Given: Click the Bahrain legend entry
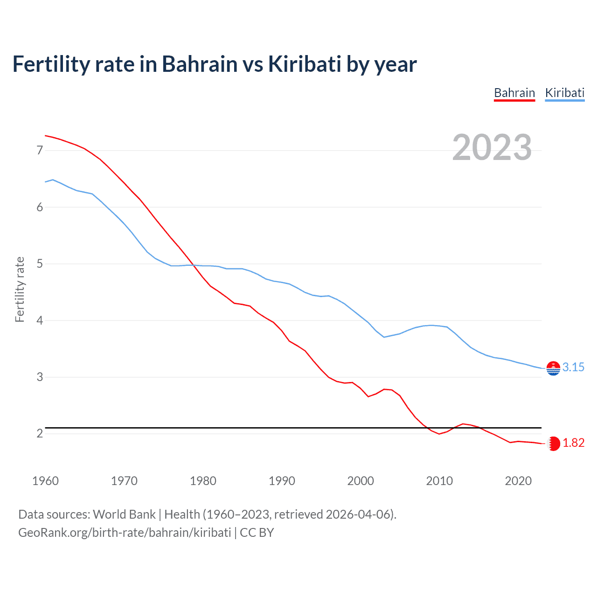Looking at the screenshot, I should click(x=514, y=93).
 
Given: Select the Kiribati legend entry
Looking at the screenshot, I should click(x=565, y=93).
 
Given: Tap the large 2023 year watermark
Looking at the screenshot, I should click(x=492, y=147).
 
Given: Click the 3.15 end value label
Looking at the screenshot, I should click(x=573, y=367).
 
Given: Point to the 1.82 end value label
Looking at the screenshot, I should click(x=573, y=443).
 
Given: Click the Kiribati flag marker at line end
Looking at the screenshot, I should click(x=553, y=368).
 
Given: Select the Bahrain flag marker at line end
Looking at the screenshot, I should click(x=553, y=444).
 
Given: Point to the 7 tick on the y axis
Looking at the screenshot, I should click(x=40, y=150).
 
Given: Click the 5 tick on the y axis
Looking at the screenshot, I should click(x=40, y=264).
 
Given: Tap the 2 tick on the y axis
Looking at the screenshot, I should click(x=40, y=434).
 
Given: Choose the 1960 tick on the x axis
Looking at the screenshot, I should click(x=45, y=481).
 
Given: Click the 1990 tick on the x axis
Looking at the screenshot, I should click(x=282, y=481).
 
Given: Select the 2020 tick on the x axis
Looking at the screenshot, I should click(x=518, y=481).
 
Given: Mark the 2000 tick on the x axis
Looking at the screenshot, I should click(x=361, y=481).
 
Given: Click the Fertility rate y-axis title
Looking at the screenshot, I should click(x=20, y=289).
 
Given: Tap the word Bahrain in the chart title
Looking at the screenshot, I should click(x=200, y=64).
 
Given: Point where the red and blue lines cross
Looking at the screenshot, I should click(x=194, y=265).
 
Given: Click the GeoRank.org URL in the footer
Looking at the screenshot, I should click(x=125, y=533).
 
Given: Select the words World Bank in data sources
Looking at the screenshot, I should click(x=124, y=514).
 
